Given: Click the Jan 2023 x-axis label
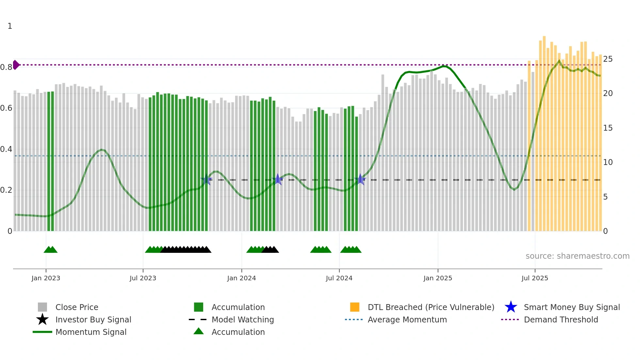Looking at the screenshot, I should point(46,278).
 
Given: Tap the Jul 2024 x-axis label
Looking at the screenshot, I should point(339,278).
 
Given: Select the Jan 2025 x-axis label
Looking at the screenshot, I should point(438,278).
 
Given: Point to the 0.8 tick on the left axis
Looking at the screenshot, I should point(6,67).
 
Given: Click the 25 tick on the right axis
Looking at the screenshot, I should point(608,59).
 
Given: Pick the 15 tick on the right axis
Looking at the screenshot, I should point(608,128).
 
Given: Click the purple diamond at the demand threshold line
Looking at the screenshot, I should point(16,65).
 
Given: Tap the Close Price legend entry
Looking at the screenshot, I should point(77,307).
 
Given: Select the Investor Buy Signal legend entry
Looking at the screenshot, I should point(93,319).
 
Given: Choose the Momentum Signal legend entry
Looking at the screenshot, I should point(91,332).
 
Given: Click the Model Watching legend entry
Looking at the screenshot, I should point(242,319).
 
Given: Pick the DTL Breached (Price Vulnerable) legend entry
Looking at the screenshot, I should point(431,307).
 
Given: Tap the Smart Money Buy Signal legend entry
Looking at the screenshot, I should point(571,307).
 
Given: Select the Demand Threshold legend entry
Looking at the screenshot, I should point(561,319).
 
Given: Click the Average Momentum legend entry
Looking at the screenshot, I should point(407,319).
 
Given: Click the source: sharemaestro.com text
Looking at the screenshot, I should point(577,256).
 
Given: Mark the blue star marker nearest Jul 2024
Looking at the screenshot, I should point(360,179).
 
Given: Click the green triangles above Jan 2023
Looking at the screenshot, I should point(51,250).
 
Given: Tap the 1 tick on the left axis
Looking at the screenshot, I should point(10,26).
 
